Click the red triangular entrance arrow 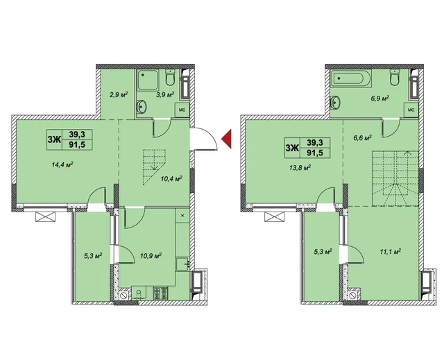coord(228,139)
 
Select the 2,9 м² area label coord(118,94)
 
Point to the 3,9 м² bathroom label coord(165,94)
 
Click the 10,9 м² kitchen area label coord(151,255)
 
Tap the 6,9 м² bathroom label coord(379,98)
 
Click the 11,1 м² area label coord(390,251)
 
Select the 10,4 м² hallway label coord(171,178)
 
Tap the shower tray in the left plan coord(148,80)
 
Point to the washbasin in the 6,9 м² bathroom coord(335,103)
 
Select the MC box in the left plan coord(182,110)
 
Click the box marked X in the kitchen coord(182,216)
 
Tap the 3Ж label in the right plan coord(293,148)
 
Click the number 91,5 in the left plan coord(77,144)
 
